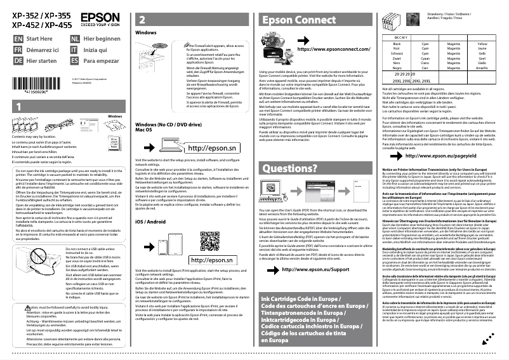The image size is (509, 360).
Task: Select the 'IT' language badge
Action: point(75,49)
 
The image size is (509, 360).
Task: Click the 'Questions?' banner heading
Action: point(289,168)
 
